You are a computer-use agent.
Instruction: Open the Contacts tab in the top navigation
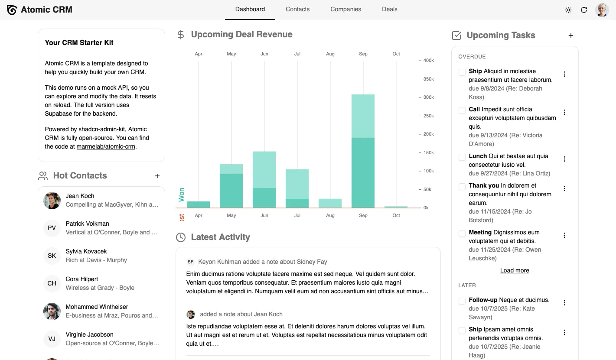pos(297,9)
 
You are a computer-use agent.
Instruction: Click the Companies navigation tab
pos(345,9)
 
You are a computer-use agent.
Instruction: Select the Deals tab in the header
pos(389,9)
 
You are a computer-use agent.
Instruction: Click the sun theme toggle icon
pos(568,10)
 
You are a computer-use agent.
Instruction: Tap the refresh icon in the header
pos(584,10)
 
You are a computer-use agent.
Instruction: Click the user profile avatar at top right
pos(602,10)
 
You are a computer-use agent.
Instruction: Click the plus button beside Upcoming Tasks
pos(571,36)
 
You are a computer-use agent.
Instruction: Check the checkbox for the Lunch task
pos(462,157)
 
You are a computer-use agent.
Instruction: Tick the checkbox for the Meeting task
pos(462,233)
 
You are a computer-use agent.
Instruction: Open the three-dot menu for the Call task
pos(564,112)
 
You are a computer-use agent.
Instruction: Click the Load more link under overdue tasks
pos(515,270)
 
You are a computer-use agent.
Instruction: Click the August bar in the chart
pos(330,203)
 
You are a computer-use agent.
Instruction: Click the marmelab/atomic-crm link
pos(106,146)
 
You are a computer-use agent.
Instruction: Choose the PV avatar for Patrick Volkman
pos(52,228)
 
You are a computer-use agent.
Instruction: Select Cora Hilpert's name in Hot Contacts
pos(82,279)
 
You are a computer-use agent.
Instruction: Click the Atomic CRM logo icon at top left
pos(12,10)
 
